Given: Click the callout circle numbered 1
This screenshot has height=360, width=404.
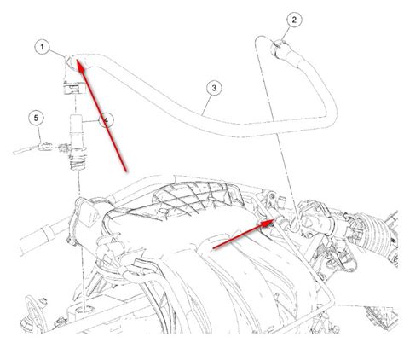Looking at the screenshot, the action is pos(43,47).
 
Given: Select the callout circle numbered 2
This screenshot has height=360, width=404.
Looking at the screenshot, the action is pos(294,20).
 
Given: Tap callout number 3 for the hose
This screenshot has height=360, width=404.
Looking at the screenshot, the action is pos(214,88).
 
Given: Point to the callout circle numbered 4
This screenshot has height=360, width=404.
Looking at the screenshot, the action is pos(106,120).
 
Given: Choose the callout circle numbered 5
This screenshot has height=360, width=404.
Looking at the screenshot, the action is pos(36,118).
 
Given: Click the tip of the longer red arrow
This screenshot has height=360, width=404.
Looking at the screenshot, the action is pos(78,60).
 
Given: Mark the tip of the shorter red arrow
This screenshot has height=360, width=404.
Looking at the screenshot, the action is pos(274,220).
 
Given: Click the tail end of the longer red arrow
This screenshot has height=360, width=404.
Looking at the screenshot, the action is pos(126,171).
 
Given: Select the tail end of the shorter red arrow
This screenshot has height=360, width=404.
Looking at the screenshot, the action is pos(213,248).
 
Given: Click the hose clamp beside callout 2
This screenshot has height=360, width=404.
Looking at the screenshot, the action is pos(278,49).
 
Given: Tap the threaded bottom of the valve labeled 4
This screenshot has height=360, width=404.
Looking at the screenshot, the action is pos(77,164).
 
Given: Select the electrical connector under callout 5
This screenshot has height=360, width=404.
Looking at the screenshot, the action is pos(46,147).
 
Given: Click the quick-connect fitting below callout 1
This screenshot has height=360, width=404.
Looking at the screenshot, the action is pos(73,87).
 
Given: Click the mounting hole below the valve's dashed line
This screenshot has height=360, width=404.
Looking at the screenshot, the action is pos(84,309).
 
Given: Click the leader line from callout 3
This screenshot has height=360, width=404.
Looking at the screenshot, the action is pos(207,105).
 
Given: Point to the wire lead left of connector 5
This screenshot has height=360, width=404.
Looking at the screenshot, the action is pos(26,150).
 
